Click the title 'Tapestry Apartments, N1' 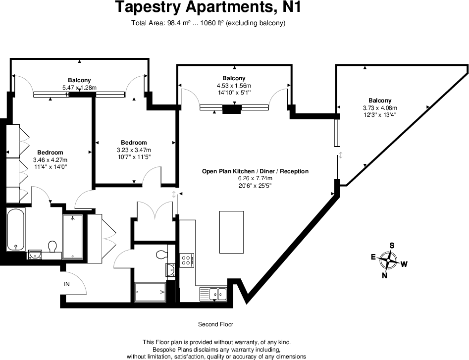(x=208, y=7)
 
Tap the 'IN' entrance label (x=66, y=284)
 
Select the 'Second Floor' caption (x=215, y=324)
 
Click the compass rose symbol (x=390, y=258)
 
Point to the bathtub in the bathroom (x=16, y=230)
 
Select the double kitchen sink (x=213, y=293)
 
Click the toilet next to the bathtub (x=52, y=247)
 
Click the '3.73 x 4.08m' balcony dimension (x=380, y=108)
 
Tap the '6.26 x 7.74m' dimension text (x=255, y=179)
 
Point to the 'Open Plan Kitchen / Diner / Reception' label (x=255, y=171)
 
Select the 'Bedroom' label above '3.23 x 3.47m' (x=134, y=143)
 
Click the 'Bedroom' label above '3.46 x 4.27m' (x=50, y=153)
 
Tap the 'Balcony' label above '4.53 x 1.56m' (x=234, y=78)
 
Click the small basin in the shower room (x=171, y=270)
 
